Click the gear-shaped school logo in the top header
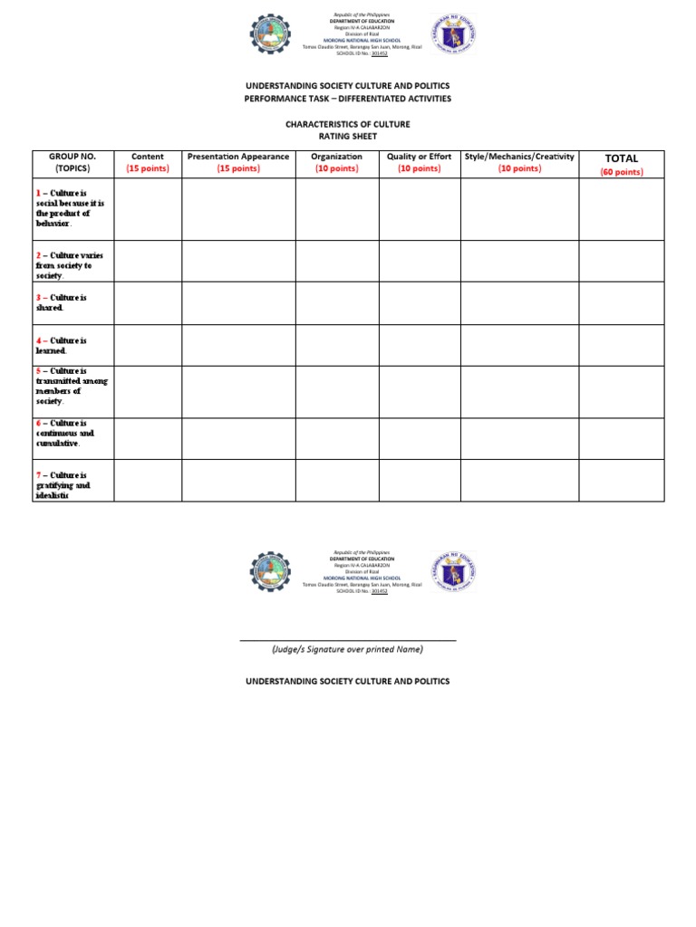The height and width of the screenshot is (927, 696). [271, 36]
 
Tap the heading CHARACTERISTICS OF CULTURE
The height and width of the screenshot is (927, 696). [348, 124]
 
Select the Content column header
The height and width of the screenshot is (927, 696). [148, 157]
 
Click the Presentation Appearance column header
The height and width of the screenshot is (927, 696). [238, 157]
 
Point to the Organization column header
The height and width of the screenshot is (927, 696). [337, 157]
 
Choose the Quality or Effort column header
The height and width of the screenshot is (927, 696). [420, 157]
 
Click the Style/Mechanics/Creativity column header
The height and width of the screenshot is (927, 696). [519, 157]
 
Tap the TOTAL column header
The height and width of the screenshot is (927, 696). [621, 158]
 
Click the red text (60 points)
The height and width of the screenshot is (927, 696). [621, 172]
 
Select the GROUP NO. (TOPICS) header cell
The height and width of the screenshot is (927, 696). [72, 162]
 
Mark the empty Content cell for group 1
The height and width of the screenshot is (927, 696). [148, 209]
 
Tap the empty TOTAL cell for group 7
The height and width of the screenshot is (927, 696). [621, 480]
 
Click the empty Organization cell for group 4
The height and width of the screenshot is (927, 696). [337, 345]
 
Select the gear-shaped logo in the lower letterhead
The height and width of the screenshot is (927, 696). [271, 572]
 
